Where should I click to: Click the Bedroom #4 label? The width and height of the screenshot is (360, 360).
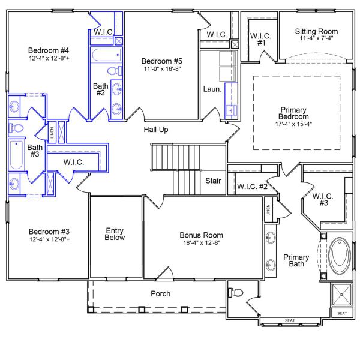pyautogui.click(x=49, y=50)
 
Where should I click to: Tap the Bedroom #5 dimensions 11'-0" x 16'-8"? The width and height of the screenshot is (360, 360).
pyautogui.click(x=161, y=69)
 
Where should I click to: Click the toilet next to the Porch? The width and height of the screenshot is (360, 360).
pyautogui.click(x=236, y=293)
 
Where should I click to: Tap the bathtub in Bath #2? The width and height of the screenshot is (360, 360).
pyautogui.click(x=107, y=56)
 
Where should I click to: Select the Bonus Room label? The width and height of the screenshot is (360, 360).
pyautogui.click(x=201, y=235)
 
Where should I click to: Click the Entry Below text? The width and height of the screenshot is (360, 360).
pyautogui.click(x=115, y=233)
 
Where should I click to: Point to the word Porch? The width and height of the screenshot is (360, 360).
pyautogui.click(x=161, y=294)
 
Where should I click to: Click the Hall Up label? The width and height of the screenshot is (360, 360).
pyautogui.click(x=156, y=130)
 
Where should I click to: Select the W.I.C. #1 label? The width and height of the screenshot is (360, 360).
pyautogui.click(x=260, y=39)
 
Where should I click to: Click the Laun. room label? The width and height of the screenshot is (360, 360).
pyautogui.click(x=212, y=89)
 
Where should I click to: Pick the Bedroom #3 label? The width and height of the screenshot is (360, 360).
pyautogui.click(x=49, y=232)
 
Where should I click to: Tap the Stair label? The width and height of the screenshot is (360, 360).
pyautogui.click(x=214, y=180)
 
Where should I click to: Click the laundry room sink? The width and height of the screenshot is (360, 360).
pyautogui.click(x=229, y=110)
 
